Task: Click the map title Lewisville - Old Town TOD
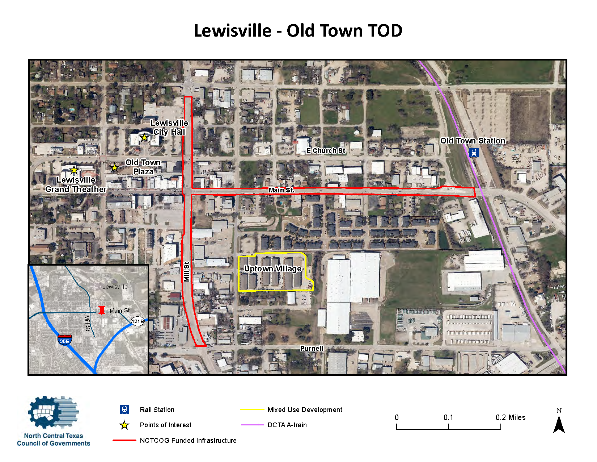tap(298, 31)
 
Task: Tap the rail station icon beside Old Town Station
tap(474, 153)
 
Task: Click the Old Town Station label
tap(473, 141)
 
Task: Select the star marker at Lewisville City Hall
tap(144, 137)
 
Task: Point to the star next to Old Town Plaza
tap(115, 167)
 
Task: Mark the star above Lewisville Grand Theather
tap(74, 170)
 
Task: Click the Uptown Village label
tap(273, 269)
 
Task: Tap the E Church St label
tap(326, 151)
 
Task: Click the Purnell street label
tap(312, 349)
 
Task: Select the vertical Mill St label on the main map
tap(187, 272)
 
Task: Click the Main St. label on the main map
tap(281, 190)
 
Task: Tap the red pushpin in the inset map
tap(102, 310)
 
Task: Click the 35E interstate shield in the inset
tap(64, 340)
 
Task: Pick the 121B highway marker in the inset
tap(137, 321)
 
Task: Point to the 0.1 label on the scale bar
tap(448, 417)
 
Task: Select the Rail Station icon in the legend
tap(124, 409)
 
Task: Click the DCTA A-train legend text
tap(287, 425)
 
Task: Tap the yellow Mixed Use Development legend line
tap(252, 409)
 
